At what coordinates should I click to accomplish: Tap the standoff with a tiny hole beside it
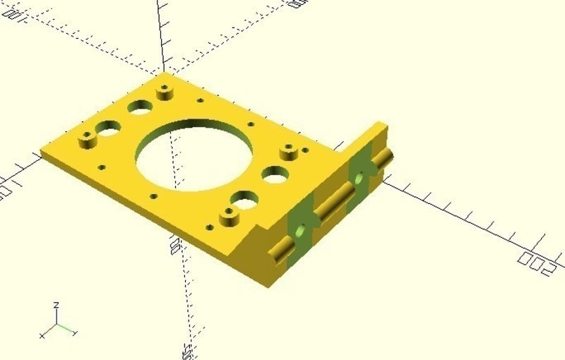click(288, 152)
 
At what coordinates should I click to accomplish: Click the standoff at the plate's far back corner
click(165, 92)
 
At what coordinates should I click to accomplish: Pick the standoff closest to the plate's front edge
click(228, 216)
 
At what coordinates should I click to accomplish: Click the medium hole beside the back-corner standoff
click(140, 107)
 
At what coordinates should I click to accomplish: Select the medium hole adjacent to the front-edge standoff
click(244, 203)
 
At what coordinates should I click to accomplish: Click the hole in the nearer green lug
click(302, 231)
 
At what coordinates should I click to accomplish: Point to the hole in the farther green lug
click(359, 178)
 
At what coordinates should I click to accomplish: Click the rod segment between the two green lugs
click(331, 205)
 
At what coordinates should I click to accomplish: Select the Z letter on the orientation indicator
click(56, 305)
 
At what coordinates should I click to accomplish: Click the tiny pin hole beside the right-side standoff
click(304, 150)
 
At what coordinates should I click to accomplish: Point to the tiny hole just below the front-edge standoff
click(209, 227)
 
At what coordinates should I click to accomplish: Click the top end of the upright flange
click(381, 127)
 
